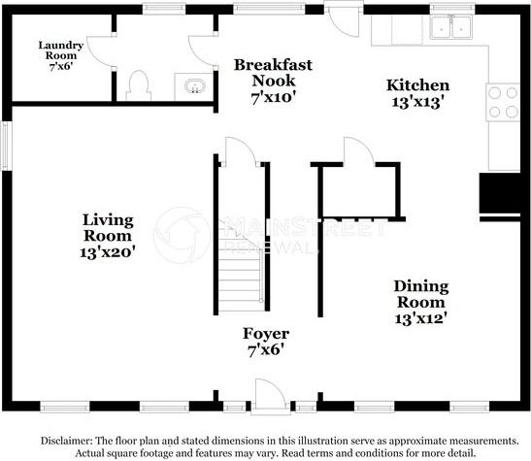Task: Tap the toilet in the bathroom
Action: coord(137,85)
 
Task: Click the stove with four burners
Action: coord(503,102)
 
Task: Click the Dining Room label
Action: coord(420,300)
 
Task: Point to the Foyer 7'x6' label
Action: coord(267,342)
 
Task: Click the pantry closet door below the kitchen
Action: coord(356,152)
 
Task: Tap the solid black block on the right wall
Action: coord(501,194)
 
